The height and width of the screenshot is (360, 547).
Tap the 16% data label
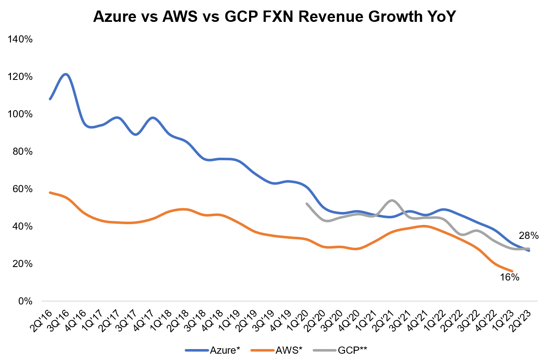510,277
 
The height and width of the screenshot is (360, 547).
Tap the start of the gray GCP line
307,204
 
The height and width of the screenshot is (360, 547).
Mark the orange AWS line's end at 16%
512,271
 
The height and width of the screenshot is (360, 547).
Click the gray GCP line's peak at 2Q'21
392,200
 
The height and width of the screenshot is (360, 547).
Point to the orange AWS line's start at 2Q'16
50,193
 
